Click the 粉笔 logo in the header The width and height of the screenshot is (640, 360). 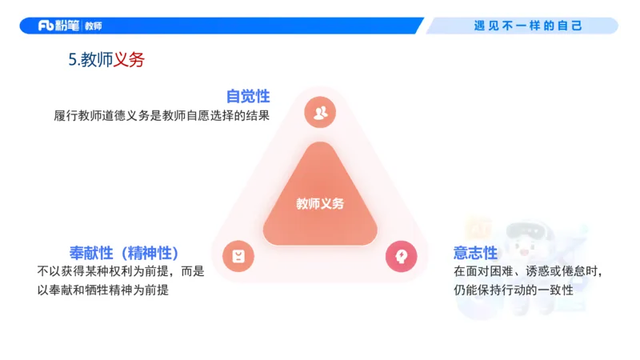click(58, 26)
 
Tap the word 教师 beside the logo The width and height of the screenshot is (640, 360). click(93, 26)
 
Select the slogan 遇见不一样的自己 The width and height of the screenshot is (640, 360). click(528, 26)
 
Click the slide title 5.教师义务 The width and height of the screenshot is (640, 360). click(106, 60)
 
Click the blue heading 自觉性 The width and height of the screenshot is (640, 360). click(248, 96)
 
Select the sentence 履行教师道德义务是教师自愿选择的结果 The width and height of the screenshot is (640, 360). click(161, 115)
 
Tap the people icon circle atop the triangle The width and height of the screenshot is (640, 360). click(320, 112)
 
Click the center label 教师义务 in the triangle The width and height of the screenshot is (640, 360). click(320, 203)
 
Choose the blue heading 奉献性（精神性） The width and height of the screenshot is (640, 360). click(124, 253)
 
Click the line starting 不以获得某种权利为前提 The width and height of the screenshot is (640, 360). click(121, 271)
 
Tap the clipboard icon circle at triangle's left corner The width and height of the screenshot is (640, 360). click(238, 256)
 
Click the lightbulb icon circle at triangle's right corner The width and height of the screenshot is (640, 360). click(402, 256)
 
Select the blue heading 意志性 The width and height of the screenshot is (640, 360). click(475, 253)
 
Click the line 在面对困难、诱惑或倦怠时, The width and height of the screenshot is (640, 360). click(527, 271)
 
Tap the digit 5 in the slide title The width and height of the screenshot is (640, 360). click(73, 60)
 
